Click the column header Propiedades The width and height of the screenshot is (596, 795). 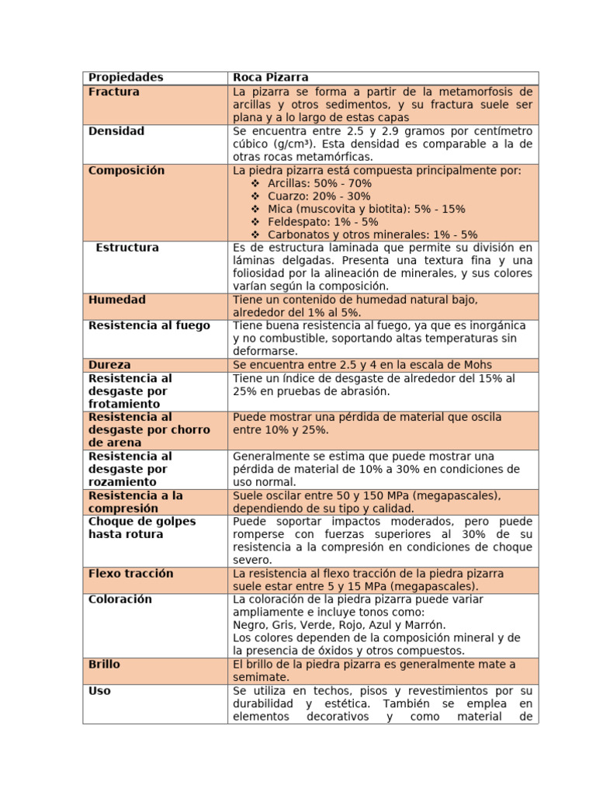pos(126,78)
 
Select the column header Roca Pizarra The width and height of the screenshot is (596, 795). pos(271,78)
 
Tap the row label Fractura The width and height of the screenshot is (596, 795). pos(114,92)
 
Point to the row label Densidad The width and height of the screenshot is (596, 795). pos(116,131)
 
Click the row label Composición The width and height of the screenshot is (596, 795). pos(126,170)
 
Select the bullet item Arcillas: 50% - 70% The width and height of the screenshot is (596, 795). pos(319,183)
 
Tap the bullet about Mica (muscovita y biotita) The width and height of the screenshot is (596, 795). pos(366,209)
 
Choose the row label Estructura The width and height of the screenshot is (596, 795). pos(127,248)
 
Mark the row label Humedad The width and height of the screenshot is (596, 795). pos(117,300)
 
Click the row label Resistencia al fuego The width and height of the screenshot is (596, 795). pos(149,325)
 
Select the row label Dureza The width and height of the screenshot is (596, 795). pos(109,365)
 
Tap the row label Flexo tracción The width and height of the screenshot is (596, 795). pos(131,573)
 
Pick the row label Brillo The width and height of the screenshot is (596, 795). pos(105,665)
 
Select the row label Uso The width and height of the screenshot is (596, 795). pos(99,691)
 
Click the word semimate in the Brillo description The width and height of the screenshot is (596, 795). pos(260,677)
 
